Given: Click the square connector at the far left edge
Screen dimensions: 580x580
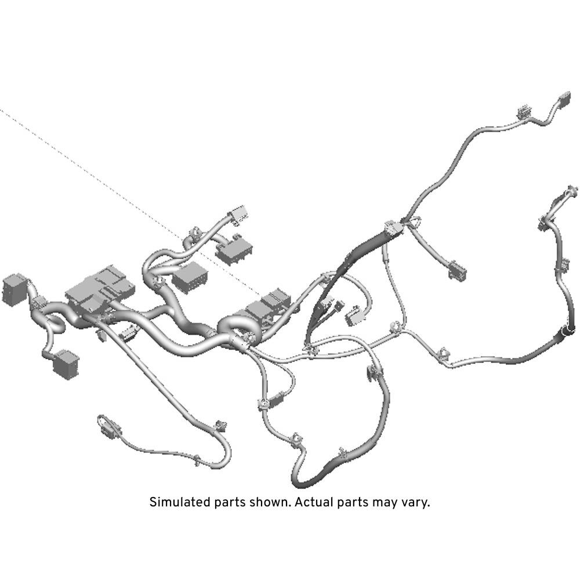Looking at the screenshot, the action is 14,289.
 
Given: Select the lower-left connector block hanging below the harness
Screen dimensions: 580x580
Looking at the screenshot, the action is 66,364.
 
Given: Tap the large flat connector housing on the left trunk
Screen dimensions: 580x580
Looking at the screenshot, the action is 99,287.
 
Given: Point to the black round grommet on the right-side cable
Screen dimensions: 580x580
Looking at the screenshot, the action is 567,331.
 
